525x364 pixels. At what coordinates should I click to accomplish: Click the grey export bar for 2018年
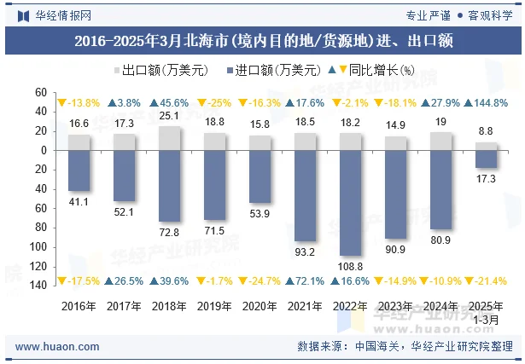pos(169,138)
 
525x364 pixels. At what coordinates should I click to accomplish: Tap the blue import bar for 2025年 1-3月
pos(486,159)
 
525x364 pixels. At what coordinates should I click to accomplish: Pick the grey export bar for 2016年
pos(79,142)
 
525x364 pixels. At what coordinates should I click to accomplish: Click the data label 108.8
pos(351,266)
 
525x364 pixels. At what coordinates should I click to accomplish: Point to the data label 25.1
pos(169,116)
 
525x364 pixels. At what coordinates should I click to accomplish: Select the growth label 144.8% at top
pos(490,103)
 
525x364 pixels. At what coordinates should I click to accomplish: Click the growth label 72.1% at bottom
pos(309,280)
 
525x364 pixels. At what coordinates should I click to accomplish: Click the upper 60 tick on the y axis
pos(41,92)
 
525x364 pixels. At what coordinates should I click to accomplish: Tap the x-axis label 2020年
pos(260,304)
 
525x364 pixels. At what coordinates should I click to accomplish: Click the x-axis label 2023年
pos(395,304)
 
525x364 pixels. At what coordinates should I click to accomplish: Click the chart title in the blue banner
pos(262,39)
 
